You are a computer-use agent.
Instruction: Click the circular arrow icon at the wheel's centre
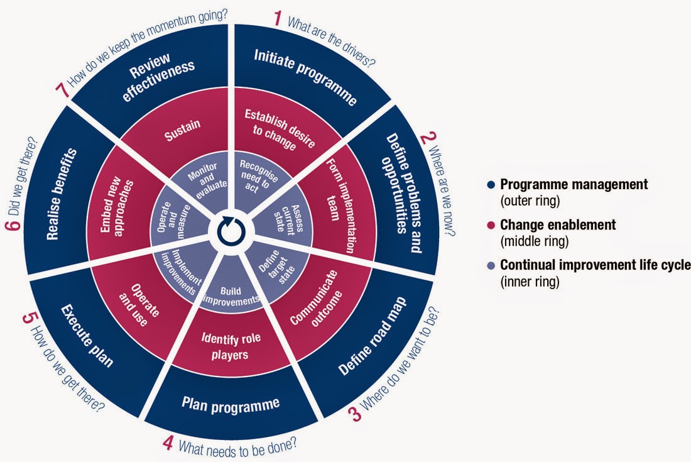[x=231, y=231]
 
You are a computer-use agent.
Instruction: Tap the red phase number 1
[x=277, y=18]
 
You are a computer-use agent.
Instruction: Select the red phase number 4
[x=167, y=443]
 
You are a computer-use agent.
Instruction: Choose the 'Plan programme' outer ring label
[x=231, y=404]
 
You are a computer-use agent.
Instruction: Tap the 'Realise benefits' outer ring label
[x=62, y=194]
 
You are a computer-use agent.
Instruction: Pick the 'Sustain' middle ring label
[x=182, y=130]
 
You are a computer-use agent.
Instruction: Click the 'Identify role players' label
[x=231, y=346]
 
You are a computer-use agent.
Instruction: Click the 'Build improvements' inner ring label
[x=231, y=296]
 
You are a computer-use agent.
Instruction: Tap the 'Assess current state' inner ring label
[x=289, y=218]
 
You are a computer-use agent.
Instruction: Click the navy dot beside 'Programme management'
[x=491, y=184]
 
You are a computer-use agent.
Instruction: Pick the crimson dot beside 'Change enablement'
[x=491, y=225]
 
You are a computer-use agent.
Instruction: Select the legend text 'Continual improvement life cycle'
[x=596, y=265]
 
